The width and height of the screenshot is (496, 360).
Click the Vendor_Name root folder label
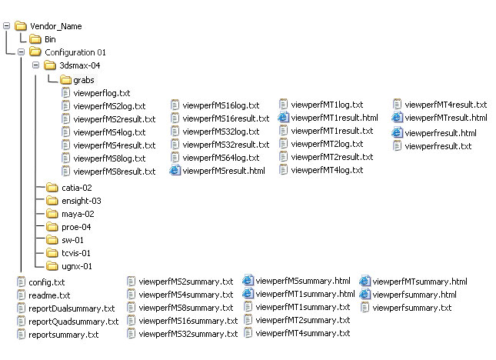pyautogui.click(x=55, y=26)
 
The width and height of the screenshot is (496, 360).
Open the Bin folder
pyautogui.click(x=49, y=39)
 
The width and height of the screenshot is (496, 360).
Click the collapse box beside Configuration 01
pyautogui.click(x=21, y=52)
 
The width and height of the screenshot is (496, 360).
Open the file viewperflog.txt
pyautogui.click(x=102, y=92)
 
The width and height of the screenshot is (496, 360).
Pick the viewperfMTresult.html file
pyautogui.click(x=445, y=118)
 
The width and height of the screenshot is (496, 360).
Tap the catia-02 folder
pyautogui.click(x=76, y=187)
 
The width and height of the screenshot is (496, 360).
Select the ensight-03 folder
pyautogui.click(x=81, y=200)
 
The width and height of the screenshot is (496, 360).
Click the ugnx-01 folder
pyautogui.click(x=76, y=266)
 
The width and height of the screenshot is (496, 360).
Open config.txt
pyautogui.click(x=46, y=282)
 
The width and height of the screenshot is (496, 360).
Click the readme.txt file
pyautogui.click(x=49, y=295)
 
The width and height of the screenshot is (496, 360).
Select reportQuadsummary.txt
pyautogui.click(x=73, y=322)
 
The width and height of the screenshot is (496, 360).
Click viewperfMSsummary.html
pyautogui.click(x=302, y=281)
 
